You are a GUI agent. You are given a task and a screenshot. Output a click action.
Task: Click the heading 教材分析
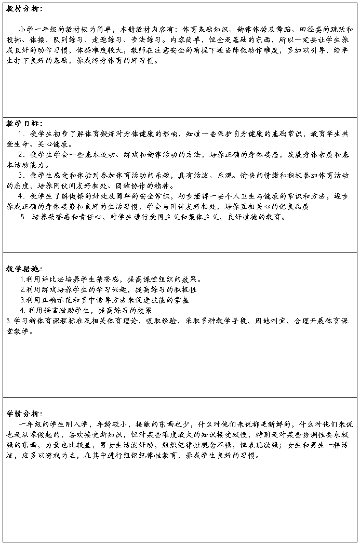click(x=23, y=9)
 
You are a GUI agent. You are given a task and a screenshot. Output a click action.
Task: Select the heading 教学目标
click(x=23, y=124)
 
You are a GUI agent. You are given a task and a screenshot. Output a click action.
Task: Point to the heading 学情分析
click(x=23, y=414)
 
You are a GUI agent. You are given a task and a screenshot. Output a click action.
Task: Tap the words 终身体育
click(x=112, y=61)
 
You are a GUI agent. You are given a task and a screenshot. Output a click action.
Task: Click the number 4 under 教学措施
click(x=23, y=311)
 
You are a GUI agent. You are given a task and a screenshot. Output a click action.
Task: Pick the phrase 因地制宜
click(x=269, y=321)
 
